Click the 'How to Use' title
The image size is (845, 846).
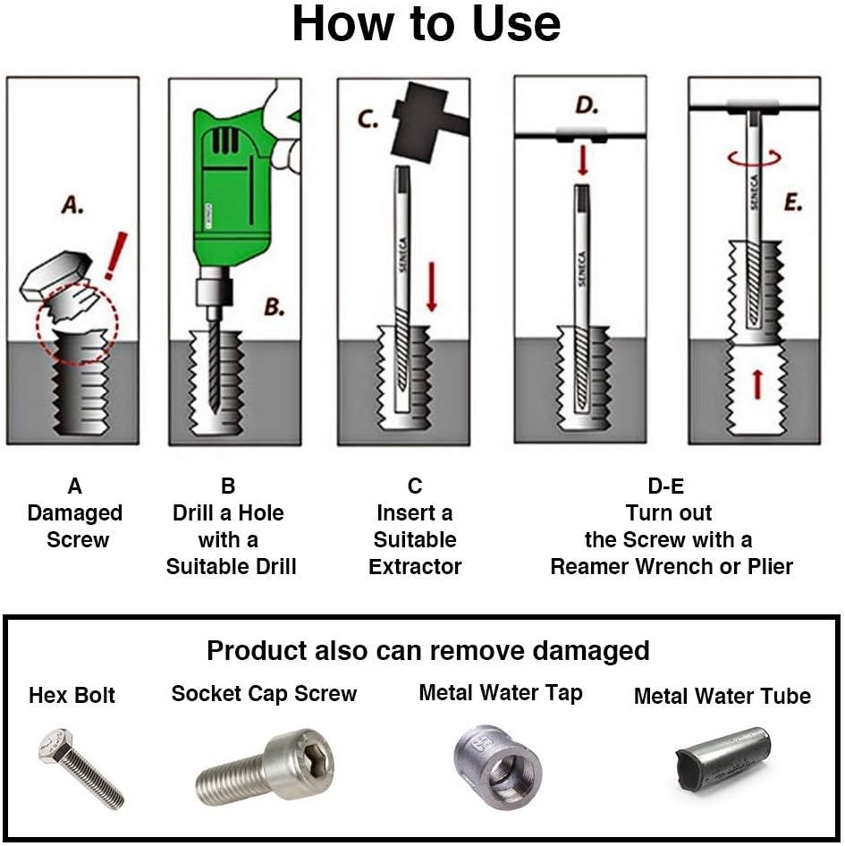click(x=426, y=24)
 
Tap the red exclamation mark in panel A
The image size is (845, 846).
click(x=114, y=256)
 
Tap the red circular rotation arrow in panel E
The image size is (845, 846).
click(x=754, y=157)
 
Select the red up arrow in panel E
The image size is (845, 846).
click(x=756, y=385)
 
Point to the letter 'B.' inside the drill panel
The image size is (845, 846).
click(x=274, y=308)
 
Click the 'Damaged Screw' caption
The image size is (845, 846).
click(x=75, y=526)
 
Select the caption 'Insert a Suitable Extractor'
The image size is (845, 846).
click(x=415, y=539)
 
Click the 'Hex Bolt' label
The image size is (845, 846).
click(x=72, y=695)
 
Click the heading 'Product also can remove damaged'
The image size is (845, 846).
click(x=427, y=650)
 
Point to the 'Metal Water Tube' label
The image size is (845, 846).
click(x=722, y=696)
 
